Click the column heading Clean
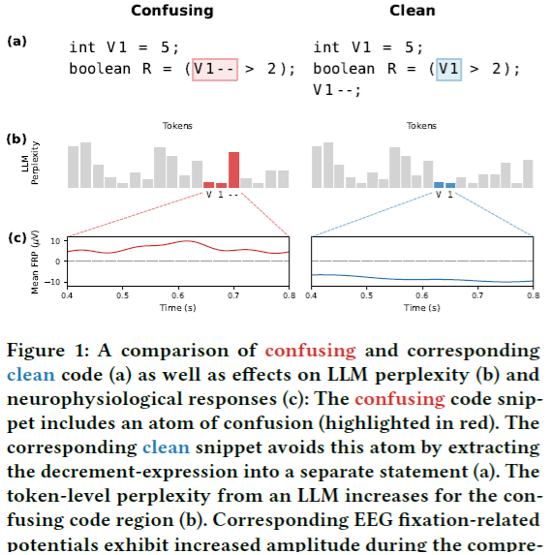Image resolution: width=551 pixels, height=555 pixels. (412, 11)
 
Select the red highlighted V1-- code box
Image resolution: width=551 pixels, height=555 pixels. (213, 69)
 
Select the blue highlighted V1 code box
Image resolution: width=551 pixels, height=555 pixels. (447, 69)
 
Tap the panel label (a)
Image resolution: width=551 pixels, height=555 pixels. (16, 42)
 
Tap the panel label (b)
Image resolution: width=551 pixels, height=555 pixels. (16, 138)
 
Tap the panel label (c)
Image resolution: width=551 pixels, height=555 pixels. (16, 237)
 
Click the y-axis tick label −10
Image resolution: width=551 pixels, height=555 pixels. (53, 282)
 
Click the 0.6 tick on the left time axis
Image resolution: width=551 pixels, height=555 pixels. (178, 294)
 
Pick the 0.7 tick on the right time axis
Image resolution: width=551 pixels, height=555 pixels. (477, 294)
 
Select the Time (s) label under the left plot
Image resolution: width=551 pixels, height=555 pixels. (178, 307)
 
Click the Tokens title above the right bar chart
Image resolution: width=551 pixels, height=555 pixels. (421, 126)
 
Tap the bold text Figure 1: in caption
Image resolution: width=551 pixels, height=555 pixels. (55, 351)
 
